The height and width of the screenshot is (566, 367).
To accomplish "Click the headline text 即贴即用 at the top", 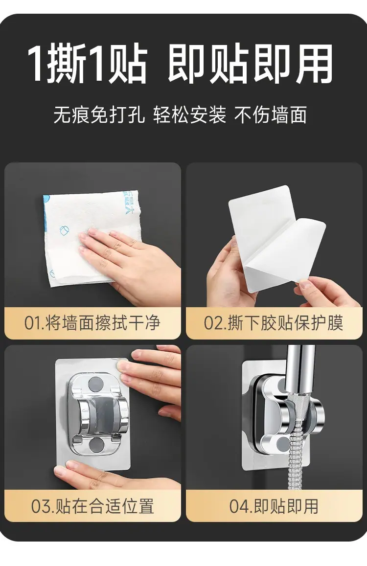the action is click(250, 64).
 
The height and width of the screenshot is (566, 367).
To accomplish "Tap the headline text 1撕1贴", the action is click(88, 64).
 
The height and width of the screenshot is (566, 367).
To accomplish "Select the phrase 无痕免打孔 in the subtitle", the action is click(99, 115).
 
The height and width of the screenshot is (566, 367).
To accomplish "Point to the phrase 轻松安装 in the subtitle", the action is click(189, 115).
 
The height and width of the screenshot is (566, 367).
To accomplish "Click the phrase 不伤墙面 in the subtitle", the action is click(271, 115).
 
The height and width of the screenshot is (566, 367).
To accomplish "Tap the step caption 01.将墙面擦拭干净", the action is click(92, 323).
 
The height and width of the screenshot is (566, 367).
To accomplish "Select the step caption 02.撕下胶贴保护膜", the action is click(274, 323).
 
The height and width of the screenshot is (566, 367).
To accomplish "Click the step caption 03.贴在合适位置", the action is click(92, 506).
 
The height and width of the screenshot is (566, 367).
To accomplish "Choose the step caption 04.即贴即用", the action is click(274, 506).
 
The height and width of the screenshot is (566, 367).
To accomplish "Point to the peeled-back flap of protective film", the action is click(285, 253).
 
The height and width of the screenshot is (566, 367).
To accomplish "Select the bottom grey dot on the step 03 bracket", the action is click(96, 445).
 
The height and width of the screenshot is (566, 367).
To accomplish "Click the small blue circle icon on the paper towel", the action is click(64, 230).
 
